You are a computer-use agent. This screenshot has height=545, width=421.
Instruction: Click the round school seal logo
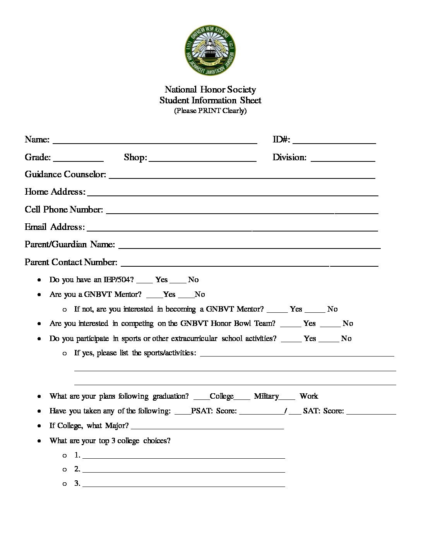click(x=210, y=51)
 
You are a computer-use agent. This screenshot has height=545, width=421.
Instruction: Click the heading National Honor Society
click(x=210, y=90)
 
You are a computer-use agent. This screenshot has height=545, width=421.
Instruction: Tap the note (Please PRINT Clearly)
click(x=210, y=111)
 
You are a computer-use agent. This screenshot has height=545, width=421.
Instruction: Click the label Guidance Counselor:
click(x=65, y=174)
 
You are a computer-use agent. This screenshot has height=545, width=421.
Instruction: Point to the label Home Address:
click(x=55, y=192)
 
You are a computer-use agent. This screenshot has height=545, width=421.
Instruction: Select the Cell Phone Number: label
click(x=64, y=209)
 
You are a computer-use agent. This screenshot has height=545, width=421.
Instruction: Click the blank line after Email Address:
click(x=232, y=229)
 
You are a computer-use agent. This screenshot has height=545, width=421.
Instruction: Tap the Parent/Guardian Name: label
click(x=70, y=244)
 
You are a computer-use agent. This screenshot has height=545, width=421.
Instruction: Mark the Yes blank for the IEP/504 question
click(x=144, y=282)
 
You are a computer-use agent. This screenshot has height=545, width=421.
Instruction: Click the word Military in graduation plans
click(x=266, y=396)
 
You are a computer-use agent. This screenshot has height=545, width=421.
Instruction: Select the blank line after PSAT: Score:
click(x=262, y=413)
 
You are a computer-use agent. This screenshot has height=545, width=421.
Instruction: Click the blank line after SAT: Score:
click(x=371, y=413)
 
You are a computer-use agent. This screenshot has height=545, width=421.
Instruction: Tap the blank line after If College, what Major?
click(x=207, y=428)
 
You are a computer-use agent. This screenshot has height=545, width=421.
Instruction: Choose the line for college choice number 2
click(x=183, y=471)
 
